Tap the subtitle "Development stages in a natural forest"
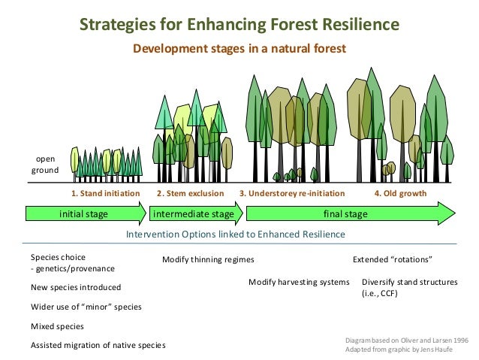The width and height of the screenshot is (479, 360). [x=239, y=50]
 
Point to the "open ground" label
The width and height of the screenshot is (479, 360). [x=45, y=165]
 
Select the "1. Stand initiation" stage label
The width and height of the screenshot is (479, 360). [x=105, y=193]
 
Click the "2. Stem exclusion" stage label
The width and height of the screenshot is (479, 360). [x=191, y=193]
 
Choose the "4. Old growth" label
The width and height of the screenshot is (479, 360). [x=400, y=193]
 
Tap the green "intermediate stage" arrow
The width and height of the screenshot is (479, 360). [x=194, y=214]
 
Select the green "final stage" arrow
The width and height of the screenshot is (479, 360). [x=345, y=214]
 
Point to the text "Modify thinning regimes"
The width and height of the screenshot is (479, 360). [x=208, y=260]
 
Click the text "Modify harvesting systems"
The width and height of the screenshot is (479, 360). [x=299, y=282]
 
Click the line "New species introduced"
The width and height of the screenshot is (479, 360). [x=75, y=288]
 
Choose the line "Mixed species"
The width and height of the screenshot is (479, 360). [x=57, y=327]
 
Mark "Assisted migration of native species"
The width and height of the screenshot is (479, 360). [x=98, y=346]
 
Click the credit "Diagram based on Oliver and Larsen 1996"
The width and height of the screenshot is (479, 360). [x=405, y=340]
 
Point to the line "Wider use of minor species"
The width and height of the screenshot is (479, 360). [x=86, y=307]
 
